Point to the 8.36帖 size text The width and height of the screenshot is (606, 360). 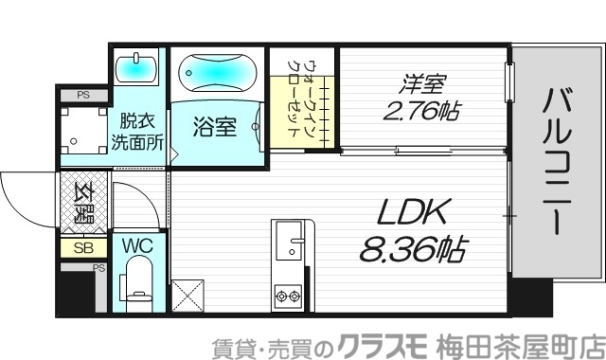413,249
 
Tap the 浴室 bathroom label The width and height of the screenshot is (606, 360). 215,127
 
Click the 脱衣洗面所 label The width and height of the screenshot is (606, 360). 138,133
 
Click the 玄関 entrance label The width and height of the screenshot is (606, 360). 83,200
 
